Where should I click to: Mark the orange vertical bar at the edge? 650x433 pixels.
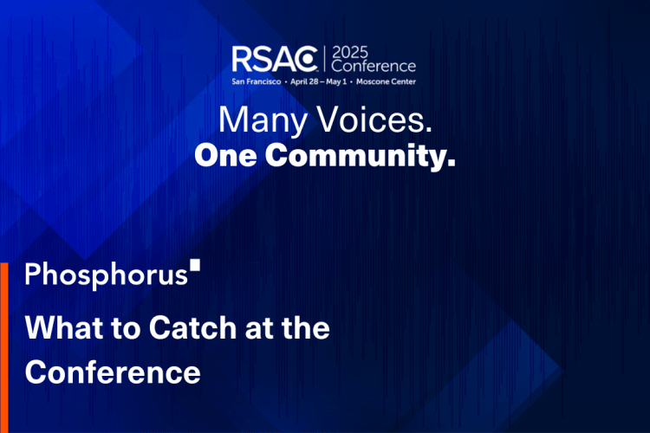(x=3, y=346)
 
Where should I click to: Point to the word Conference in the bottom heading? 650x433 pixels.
(x=113, y=372)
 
